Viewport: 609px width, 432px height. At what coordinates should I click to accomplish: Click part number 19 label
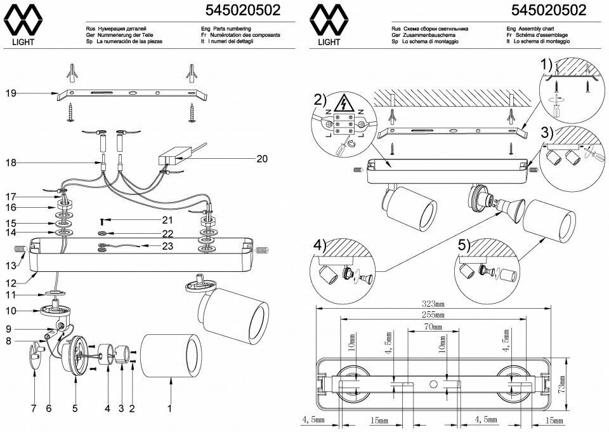10,94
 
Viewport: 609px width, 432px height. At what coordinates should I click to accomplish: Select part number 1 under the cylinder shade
169,409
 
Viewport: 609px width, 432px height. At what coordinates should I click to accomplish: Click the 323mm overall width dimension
435,304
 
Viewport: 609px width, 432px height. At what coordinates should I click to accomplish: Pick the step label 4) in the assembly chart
320,244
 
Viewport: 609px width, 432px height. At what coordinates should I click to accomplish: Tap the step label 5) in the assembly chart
464,244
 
